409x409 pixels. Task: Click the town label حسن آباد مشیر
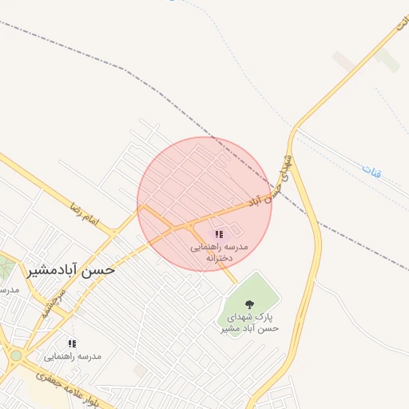tap(71, 269)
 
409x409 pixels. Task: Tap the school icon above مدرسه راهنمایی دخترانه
tap(218, 234)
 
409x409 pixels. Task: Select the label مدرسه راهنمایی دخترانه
tap(219, 252)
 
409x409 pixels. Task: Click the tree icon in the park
tap(249, 304)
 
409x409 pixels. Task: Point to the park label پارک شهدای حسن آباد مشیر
tap(249, 322)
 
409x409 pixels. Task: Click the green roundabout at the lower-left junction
tap(16, 355)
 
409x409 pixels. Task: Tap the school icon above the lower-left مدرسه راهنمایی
tap(72, 343)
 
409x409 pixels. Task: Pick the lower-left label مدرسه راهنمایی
tap(73, 356)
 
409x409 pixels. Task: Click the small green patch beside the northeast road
tap(387, 59)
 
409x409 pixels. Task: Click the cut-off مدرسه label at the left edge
tap(9, 289)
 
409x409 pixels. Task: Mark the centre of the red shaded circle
tap(204, 204)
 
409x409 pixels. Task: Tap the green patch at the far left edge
tap(5, 268)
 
